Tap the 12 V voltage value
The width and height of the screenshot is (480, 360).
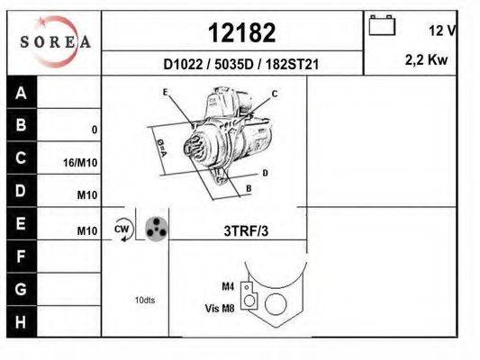pyautogui.click(x=442, y=31)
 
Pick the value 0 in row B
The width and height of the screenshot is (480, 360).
pyautogui.click(x=94, y=130)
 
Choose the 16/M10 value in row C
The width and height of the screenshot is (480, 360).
pyautogui.click(x=82, y=163)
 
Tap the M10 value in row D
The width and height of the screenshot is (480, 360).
pyautogui.click(x=86, y=195)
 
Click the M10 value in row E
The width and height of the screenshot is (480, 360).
pyautogui.click(x=86, y=231)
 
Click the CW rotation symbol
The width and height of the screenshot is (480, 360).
pyautogui.click(x=122, y=230)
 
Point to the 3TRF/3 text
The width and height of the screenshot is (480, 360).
pyautogui.click(x=246, y=231)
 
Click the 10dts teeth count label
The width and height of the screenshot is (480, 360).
pyautogui.click(x=145, y=300)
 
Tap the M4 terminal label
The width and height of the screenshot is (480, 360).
pyautogui.click(x=228, y=286)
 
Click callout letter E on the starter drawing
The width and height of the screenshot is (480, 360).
pyautogui.click(x=165, y=92)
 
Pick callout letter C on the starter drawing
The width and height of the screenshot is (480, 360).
pyautogui.click(x=275, y=94)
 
